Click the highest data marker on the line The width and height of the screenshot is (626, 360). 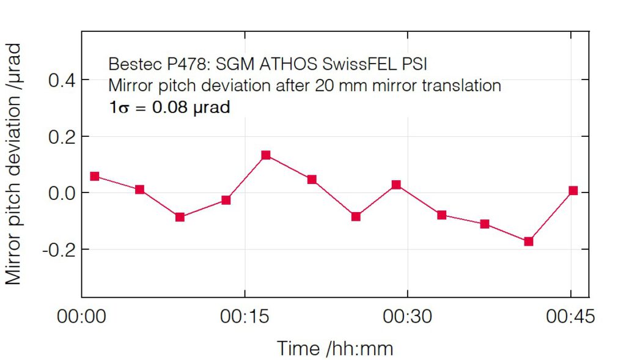pos(266,155)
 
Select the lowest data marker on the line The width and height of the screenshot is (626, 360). pos(528,241)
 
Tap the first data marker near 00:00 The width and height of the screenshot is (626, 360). pos(95,176)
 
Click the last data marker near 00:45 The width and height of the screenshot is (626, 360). pos(573,191)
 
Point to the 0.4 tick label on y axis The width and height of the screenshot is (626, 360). pos(61,80)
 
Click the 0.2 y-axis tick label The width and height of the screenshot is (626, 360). pos(61,136)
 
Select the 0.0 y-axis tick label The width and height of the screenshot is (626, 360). pos(61,193)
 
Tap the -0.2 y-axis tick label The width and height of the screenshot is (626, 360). pos(58,249)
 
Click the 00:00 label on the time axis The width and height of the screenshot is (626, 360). pos(81,317)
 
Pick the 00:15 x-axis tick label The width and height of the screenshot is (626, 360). pos(245,317)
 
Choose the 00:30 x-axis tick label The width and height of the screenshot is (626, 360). pos(407,317)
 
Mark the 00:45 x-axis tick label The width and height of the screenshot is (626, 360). pos(570,317)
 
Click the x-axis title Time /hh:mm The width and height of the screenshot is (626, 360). pos(335,348)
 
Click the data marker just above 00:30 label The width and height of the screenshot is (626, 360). pos(396,185)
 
